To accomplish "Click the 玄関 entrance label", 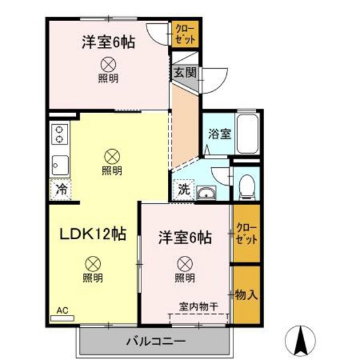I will click(184, 72).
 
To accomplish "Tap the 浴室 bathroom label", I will click(219, 134).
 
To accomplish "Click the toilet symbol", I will click(246, 186).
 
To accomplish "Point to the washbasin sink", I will click(207, 194).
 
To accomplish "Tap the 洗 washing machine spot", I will click(183, 190).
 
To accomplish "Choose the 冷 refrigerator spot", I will click(61, 190).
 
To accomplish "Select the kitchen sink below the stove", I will click(60, 165).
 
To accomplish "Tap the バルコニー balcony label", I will click(154, 340).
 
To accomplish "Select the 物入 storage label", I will click(246, 295).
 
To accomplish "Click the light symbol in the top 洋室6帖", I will click(108, 64).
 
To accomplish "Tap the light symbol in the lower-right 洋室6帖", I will click(184, 262).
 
